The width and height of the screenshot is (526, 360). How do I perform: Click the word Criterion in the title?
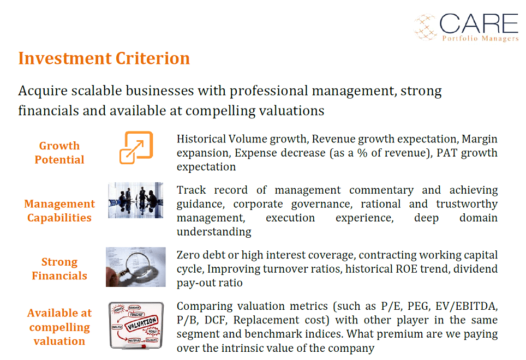153,58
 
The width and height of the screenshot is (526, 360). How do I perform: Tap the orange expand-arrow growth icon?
136,147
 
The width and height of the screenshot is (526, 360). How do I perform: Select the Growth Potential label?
59,153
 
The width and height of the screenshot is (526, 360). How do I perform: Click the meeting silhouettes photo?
135,200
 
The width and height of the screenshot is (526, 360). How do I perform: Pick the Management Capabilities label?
59,211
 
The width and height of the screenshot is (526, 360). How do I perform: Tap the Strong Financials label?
59,268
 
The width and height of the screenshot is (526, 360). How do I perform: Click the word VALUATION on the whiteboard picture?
141,323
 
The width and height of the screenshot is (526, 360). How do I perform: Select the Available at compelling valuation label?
59,327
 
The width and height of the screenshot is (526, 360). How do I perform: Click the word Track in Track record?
191,190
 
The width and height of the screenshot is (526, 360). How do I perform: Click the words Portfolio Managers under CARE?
480,38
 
